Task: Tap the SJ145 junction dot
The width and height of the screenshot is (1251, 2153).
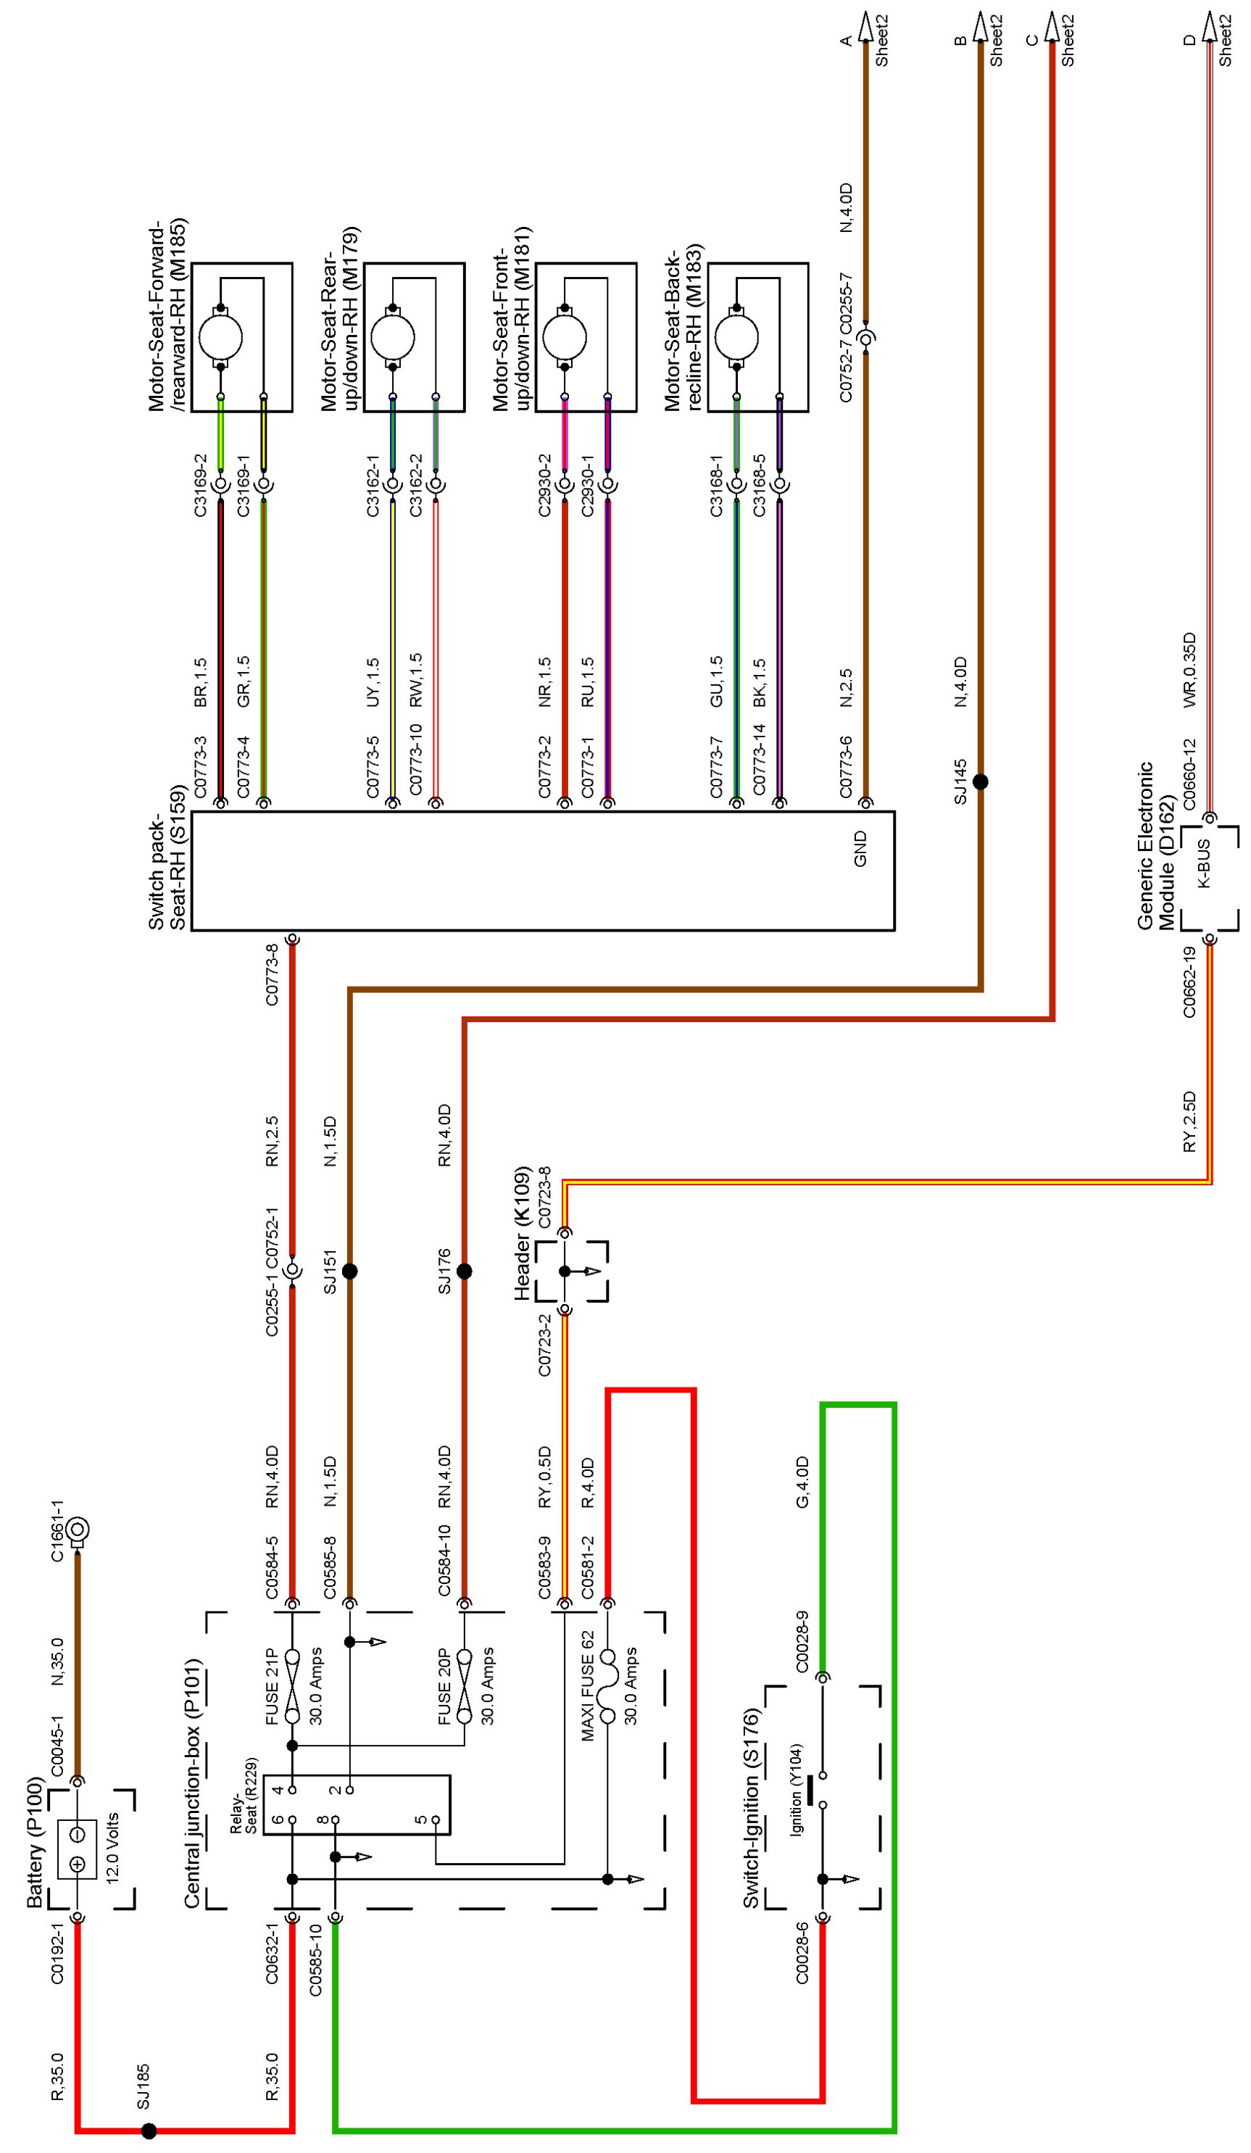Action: (980, 781)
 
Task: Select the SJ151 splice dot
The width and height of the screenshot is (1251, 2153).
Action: (349, 1272)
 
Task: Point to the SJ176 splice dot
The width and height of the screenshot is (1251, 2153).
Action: (464, 1272)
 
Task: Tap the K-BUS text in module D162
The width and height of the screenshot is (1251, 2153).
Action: (1203, 864)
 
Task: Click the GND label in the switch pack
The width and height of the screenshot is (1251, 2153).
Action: (860, 848)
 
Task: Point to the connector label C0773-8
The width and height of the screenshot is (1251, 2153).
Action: (273, 974)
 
